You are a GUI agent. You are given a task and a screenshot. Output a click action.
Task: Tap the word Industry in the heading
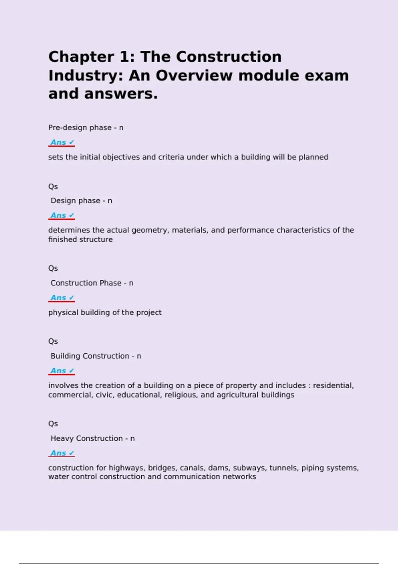[85, 76]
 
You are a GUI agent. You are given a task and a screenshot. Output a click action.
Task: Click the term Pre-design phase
[80, 128]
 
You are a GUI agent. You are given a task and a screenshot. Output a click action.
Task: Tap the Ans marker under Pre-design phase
[58, 142]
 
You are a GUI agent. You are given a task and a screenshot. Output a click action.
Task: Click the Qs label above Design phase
[53, 186]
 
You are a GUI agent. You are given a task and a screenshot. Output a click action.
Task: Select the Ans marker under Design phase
[58, 215]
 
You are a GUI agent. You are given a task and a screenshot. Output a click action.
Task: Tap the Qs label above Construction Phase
[53, 268]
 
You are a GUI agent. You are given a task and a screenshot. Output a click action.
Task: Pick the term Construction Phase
[86, 283]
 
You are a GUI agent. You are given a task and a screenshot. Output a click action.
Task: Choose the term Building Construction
[90, 356]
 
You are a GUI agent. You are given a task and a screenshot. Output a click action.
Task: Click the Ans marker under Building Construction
[58, 371]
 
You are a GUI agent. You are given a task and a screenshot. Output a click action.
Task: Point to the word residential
[333, 386]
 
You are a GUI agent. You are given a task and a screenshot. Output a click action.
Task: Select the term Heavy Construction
[87, 438]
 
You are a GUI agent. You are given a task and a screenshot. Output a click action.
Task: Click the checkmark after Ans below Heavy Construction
[71, 453]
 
